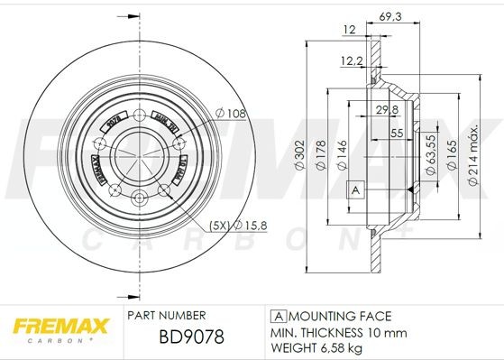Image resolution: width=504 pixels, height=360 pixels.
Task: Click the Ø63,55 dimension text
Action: [431, 151]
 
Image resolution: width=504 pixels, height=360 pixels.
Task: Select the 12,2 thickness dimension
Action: [352, 61]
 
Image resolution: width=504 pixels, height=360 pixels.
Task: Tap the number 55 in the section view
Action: [397, 133]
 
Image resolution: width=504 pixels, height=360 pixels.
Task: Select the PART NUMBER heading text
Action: [167, 315]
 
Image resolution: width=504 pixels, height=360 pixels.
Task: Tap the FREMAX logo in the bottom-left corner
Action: [59, 326]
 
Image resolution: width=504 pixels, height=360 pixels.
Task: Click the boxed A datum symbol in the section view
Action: [354, 189]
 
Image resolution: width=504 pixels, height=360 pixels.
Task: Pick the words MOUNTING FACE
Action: [341, 315]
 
